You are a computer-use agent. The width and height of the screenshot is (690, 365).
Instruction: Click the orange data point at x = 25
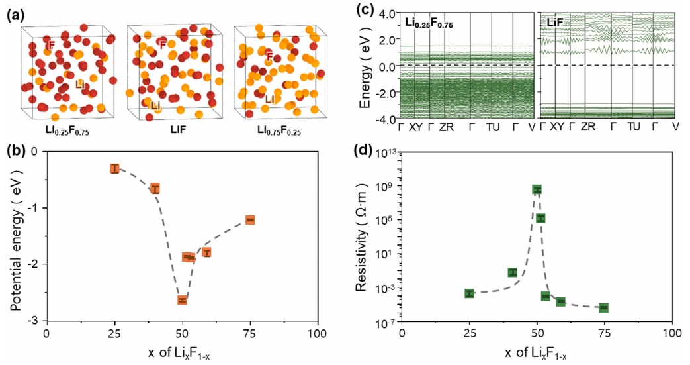click(114, 168)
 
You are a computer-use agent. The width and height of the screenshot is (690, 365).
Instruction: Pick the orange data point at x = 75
click(250, 219)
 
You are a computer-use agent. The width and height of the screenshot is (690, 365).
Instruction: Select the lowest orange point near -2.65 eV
click(182, 300)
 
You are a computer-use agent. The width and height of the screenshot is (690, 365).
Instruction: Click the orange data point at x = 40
click(155, 189)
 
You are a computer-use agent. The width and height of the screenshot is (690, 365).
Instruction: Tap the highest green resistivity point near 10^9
click(537, 189)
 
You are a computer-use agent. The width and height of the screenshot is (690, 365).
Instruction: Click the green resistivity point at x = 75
click(604, 307)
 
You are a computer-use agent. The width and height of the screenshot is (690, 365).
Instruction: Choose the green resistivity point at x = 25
click(469, 293)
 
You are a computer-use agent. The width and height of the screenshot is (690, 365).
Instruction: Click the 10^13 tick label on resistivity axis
click(384, 152)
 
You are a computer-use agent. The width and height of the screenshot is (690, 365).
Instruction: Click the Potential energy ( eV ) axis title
click(16, 235)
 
